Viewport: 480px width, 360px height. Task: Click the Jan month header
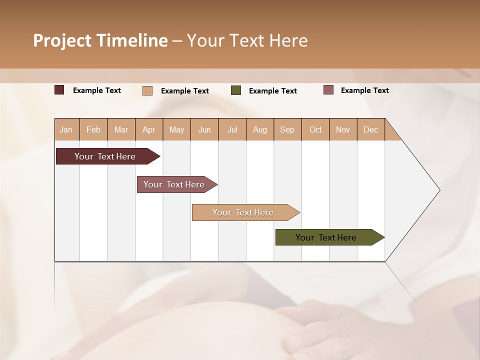66,129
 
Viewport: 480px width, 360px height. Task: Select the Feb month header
93,129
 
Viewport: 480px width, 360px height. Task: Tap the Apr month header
148,129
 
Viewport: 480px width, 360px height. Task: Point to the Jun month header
204,129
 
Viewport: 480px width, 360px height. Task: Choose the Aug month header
259,129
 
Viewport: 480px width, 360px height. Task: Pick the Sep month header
287,129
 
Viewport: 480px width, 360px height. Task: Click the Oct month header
315,129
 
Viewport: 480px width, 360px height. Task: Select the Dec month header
370,129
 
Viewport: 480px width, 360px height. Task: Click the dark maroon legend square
59,90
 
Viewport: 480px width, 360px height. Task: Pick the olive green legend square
236,90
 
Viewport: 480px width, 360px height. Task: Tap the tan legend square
147,90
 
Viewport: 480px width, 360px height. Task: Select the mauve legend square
328,90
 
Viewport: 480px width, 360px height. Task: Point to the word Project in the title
62,40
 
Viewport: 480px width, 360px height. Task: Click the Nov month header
342,129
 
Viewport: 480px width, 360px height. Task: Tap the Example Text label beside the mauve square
364,90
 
